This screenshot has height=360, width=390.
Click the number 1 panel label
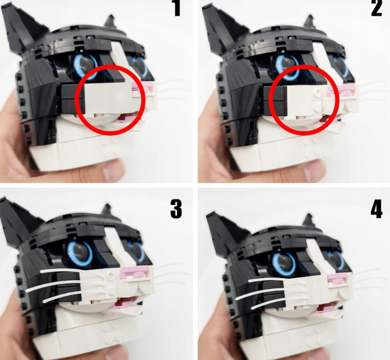pyautogui.click(x=177, y=8)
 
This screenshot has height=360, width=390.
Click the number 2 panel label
pyautogui.click(x=376, y=8)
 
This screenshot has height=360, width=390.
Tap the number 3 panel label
pyautogui.click(x=176, y=209)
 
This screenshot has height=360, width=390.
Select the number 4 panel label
pyautogui.click(x=376, y=210)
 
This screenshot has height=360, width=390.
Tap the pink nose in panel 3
pyautogui.click(x=134, y=272)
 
